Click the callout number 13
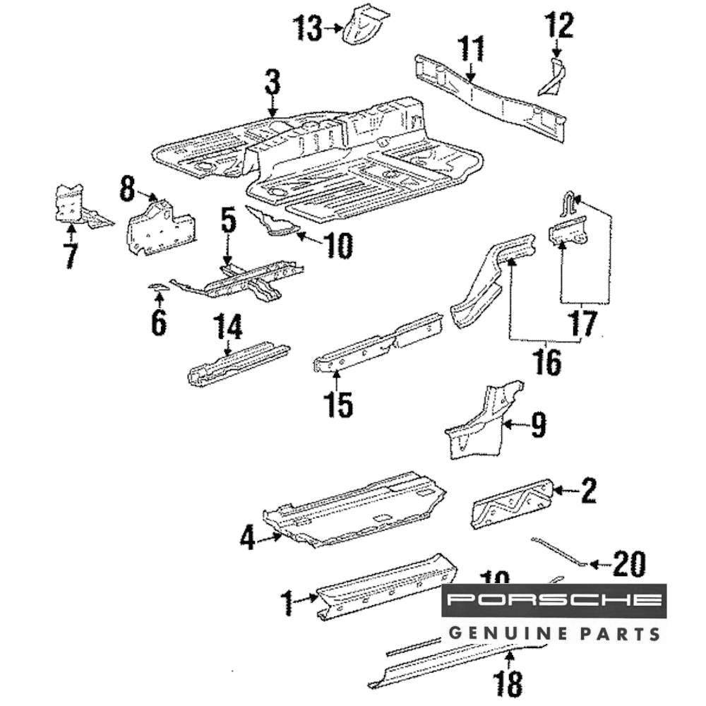308,29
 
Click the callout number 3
273,83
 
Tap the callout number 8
126,189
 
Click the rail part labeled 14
237,361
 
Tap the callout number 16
548,361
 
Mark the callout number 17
583,323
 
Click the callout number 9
538,425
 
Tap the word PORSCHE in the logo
554,601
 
